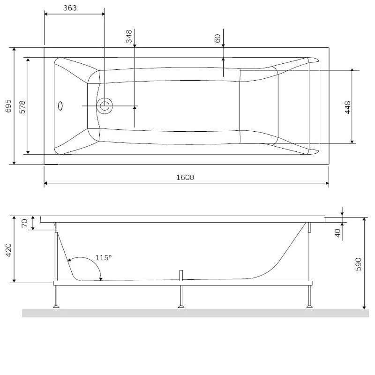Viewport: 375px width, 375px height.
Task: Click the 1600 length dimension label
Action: click(x=185, y=177)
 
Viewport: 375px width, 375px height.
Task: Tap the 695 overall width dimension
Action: click(x=8, y=107)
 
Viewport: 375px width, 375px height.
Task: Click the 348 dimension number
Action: click(x=129, y=37)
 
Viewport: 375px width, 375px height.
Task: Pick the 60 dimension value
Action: click(x=217, y=38)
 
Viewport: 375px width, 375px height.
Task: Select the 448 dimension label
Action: click(x=347, y=107)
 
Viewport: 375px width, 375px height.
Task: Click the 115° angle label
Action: click(x=103, y=257)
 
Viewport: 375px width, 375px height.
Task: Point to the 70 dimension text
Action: click(x=24, y=223)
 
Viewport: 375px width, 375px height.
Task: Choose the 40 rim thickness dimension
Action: click(x=338, y=233)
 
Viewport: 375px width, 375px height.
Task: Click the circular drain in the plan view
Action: click(x=105, y=106)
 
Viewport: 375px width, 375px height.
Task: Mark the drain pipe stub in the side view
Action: click(x=181, y=275)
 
